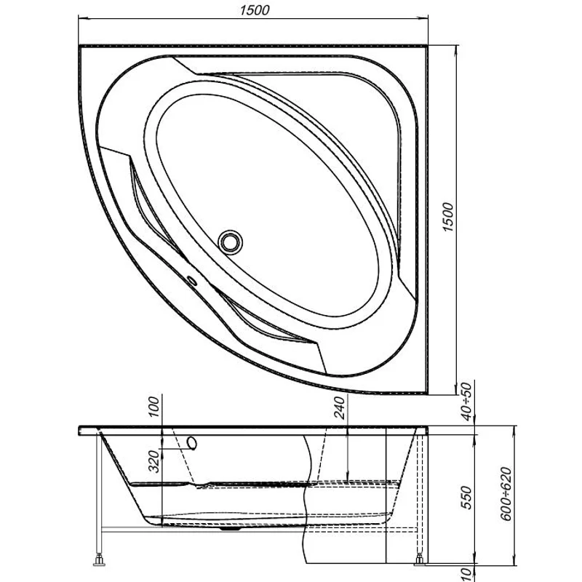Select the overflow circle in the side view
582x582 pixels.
pos(193,443)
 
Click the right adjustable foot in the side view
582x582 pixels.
pos(420,561)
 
